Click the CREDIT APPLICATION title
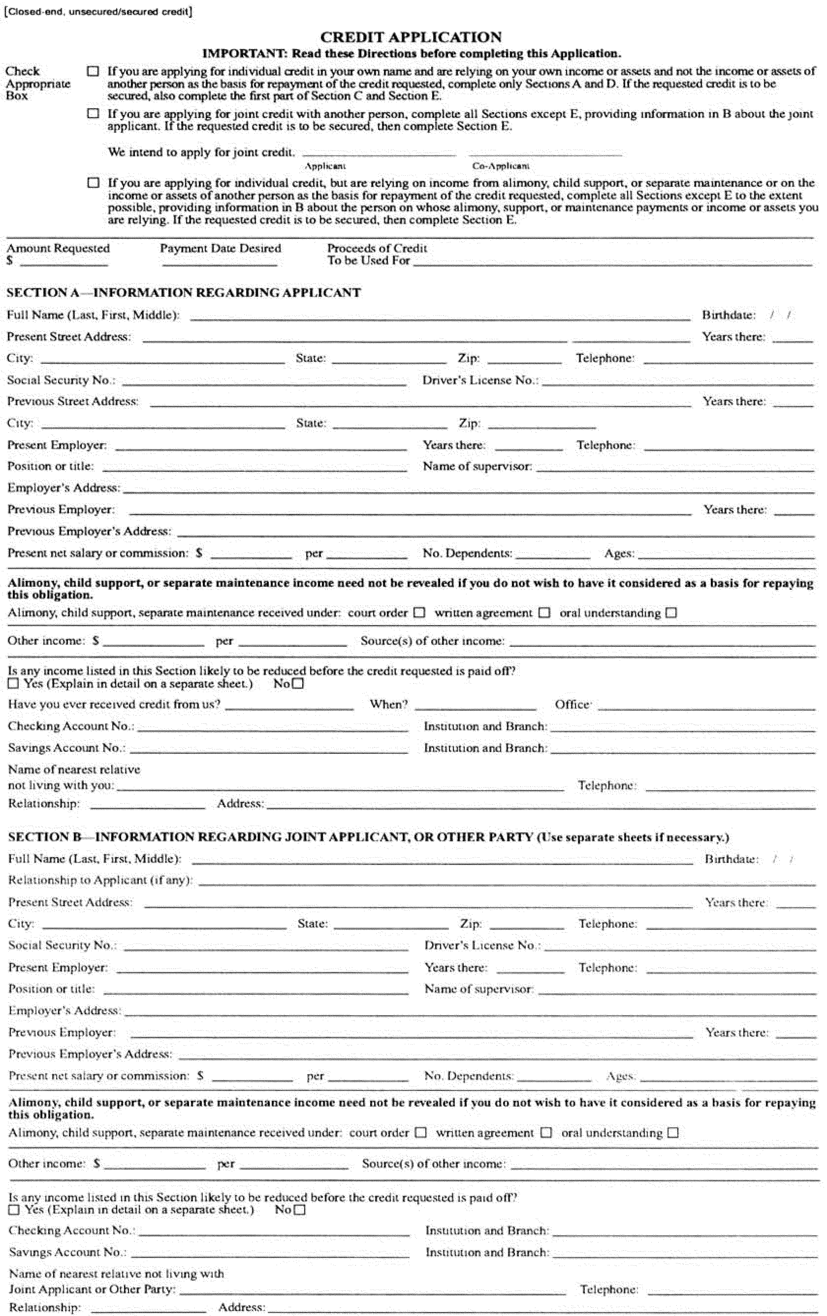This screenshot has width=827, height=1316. coord(411,37)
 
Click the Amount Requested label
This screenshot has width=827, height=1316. coord(58,248)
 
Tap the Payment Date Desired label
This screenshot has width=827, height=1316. coord(221,248)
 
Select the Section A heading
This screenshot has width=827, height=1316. coord(184,292)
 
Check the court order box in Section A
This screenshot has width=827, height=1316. coord(419,613)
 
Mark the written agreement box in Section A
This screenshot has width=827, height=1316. coord(544,613)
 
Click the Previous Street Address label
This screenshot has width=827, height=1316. coord(73,401)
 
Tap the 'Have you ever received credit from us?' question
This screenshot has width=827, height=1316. coord(114,704)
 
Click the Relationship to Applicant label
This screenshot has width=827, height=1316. coord(100,880)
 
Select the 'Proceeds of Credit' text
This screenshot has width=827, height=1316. coord(377,248)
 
